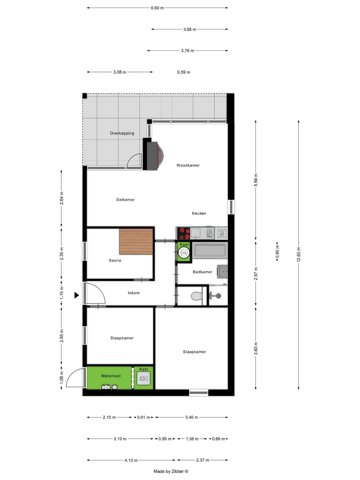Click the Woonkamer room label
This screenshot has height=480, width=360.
(188, 165)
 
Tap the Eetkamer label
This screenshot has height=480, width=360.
(125, 200)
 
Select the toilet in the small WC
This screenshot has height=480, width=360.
(197, 296)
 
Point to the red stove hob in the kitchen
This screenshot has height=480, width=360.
(183, 233)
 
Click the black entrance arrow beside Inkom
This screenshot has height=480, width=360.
(77, 295)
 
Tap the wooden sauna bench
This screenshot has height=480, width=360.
(136, 241)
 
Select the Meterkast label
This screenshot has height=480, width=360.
(111, 376)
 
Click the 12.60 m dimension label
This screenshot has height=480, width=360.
(299, 254)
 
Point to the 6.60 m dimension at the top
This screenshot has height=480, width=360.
(157, 8)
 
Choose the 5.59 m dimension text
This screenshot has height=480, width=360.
(256, 180)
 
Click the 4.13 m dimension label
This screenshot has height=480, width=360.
(131, 460)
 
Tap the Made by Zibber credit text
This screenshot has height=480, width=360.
(171, 471)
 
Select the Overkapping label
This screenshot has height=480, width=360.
(122, 133)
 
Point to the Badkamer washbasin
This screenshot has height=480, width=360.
(222, 271)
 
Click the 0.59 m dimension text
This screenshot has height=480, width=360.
(184, 72)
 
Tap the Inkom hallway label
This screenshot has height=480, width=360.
(134, 293)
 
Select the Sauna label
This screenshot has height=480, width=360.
(115, 260)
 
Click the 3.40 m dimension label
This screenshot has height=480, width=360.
(192, 417)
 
